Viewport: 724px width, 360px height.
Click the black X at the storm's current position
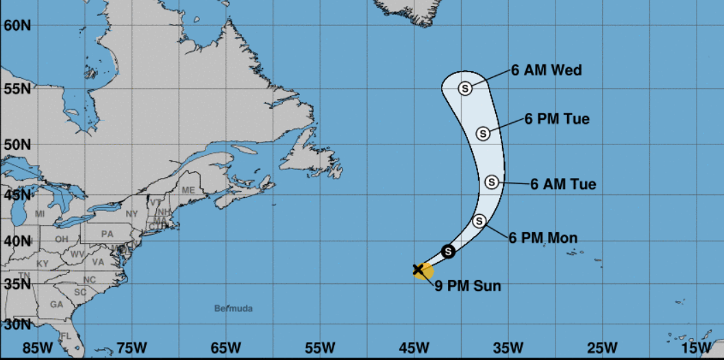(x=418, y=270)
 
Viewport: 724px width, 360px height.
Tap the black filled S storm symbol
(x=448, y=251)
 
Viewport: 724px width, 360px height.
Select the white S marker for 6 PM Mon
(x=479, y=220)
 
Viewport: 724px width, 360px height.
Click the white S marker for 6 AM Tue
(x=492, y=182)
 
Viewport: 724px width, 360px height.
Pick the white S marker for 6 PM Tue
(x=483, y=133)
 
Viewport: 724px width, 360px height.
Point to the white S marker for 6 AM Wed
(x=465, y=88)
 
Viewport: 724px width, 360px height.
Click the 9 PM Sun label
(x=468, y=286)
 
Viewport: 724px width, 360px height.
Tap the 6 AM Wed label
(x=547, y=70)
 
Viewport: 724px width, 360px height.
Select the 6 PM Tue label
(x=557, y=119)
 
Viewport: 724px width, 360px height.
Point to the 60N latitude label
(x=16, y=25)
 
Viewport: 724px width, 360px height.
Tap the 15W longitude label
(x=697, y=348)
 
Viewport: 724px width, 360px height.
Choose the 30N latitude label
(x=16, y=324)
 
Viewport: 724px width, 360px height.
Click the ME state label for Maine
(x=188, y=190)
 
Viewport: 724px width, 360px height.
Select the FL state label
(x=65, y=336)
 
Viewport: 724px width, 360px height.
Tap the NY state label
(x=132, y=214)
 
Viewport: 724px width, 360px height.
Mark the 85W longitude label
(x=37, y=348)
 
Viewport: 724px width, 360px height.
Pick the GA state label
(x=57, y=305)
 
